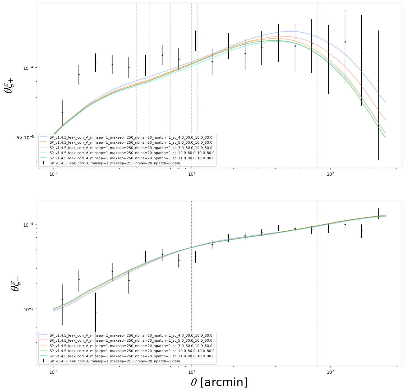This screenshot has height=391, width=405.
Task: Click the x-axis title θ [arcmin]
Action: click(219, 382)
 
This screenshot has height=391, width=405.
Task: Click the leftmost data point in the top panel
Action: click(62, 112)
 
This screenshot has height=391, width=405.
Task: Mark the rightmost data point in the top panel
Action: click(378, 80)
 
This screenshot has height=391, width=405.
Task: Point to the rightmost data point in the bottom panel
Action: click(378, 213)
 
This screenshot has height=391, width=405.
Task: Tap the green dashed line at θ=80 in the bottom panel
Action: click(317, 283)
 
